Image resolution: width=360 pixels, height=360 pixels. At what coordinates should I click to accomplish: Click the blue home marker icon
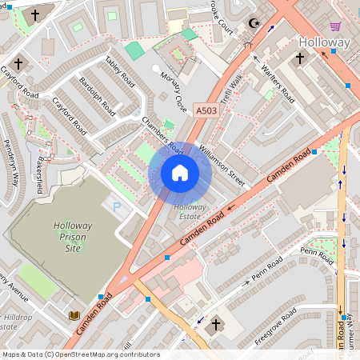click(x=180, y=173)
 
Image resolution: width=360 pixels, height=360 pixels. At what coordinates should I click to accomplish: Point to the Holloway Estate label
click(x=190, y=211)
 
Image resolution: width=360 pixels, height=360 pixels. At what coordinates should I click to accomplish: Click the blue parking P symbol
click(x=116, y=207)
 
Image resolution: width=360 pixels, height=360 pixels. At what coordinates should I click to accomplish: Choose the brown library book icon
click(x=74, y=315)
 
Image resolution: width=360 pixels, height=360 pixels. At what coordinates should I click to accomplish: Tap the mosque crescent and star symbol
click(x=256, y=25)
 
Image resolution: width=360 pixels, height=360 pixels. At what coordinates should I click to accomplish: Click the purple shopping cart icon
click(x=335, y=26)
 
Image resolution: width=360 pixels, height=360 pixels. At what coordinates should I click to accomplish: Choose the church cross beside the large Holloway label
click(x=300, y=58)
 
